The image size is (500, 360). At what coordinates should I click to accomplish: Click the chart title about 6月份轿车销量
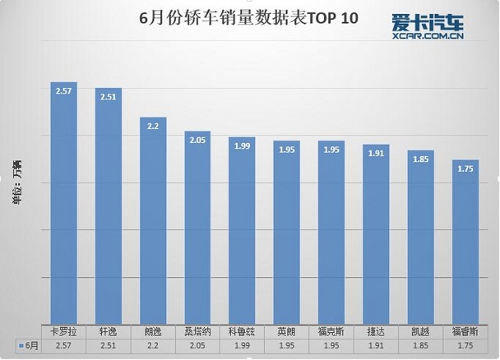[x=248, y=18]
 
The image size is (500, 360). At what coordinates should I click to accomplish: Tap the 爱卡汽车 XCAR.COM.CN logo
[x=428, y=26]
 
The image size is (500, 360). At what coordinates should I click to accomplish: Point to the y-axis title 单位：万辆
[x=17, y=182]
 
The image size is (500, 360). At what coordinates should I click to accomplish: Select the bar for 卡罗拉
[x=64, y=203]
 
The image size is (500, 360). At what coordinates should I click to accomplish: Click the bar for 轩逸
[x=109, y=206]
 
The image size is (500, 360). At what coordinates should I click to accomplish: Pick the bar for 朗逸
[x=153, y=221]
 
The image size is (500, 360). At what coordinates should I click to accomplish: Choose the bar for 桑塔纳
[x=197, y=228]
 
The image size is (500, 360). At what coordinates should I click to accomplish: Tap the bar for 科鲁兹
[x=242, y=231]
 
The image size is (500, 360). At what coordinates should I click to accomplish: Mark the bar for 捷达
[x=376, y=234]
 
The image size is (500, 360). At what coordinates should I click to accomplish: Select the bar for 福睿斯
[x=465, y=242]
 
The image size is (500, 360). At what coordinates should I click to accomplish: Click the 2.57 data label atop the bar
[x=64, y=91]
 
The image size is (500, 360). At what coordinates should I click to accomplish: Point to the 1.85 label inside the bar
[x=421, y=159]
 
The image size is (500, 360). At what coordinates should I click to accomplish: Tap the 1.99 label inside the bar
[x=243, y=146]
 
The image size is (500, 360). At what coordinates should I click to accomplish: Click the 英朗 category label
[x=286, y=332]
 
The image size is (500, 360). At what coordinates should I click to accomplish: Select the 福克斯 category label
[x=331, y=332]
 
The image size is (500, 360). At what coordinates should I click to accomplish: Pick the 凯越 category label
[x=420, y=332]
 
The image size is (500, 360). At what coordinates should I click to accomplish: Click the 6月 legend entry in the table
[x=29, y=346]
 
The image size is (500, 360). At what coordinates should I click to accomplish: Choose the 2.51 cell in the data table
[x=109, y=346]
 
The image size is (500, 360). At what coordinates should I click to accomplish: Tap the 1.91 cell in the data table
[x=376, y=346]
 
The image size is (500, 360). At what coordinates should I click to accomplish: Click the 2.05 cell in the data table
[x=197, y=346]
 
